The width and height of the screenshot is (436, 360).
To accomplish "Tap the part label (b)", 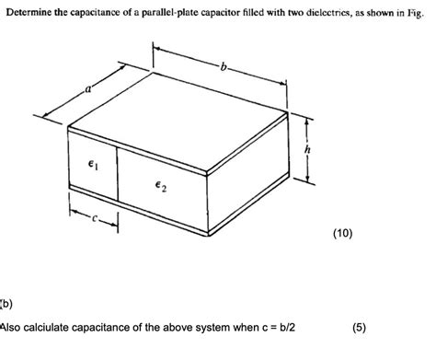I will click(x=6, y=300).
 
